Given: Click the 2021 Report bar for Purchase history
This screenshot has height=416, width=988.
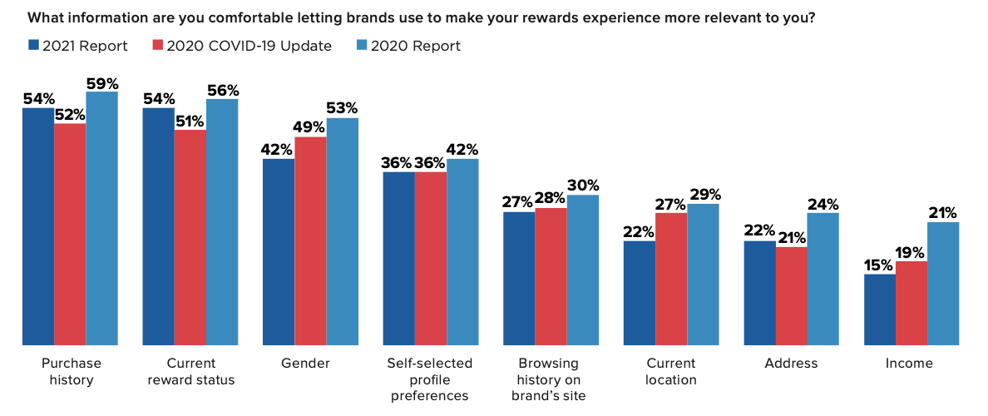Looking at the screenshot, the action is coord(38,226).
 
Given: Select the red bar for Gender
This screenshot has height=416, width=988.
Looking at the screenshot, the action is coord(311,240).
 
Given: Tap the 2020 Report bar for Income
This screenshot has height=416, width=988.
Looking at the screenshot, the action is coord(943,284).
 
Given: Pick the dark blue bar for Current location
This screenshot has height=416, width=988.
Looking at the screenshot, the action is coord(640,293).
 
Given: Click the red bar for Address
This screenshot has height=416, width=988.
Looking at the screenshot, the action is coord(792,296).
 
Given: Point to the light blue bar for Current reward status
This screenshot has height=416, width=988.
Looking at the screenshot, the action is coord(222,222).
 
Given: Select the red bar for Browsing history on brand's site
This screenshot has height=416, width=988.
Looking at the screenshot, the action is coord(551,277).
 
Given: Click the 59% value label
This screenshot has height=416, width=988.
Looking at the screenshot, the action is coord(102,83).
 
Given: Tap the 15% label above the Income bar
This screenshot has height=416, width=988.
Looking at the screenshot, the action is coord(880,265).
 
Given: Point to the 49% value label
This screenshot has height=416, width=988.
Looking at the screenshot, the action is coord(311,128).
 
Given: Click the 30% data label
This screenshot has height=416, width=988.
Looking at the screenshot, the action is coord(583,186).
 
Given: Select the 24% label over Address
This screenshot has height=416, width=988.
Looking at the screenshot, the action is coord(823,204).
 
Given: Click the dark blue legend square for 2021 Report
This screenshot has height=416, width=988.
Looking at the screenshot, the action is coord(33,46).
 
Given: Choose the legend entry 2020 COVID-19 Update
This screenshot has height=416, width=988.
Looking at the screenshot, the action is coord(242,46).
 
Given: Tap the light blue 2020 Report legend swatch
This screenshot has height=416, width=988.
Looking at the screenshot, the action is coord(363,46).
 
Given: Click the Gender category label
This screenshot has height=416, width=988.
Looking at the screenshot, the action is coord(311,364).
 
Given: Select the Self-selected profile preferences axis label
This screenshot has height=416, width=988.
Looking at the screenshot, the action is coord(430,380).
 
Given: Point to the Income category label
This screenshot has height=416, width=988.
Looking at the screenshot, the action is coord(911,364).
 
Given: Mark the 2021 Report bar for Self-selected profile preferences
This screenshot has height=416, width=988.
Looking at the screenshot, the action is coord(399,259).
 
